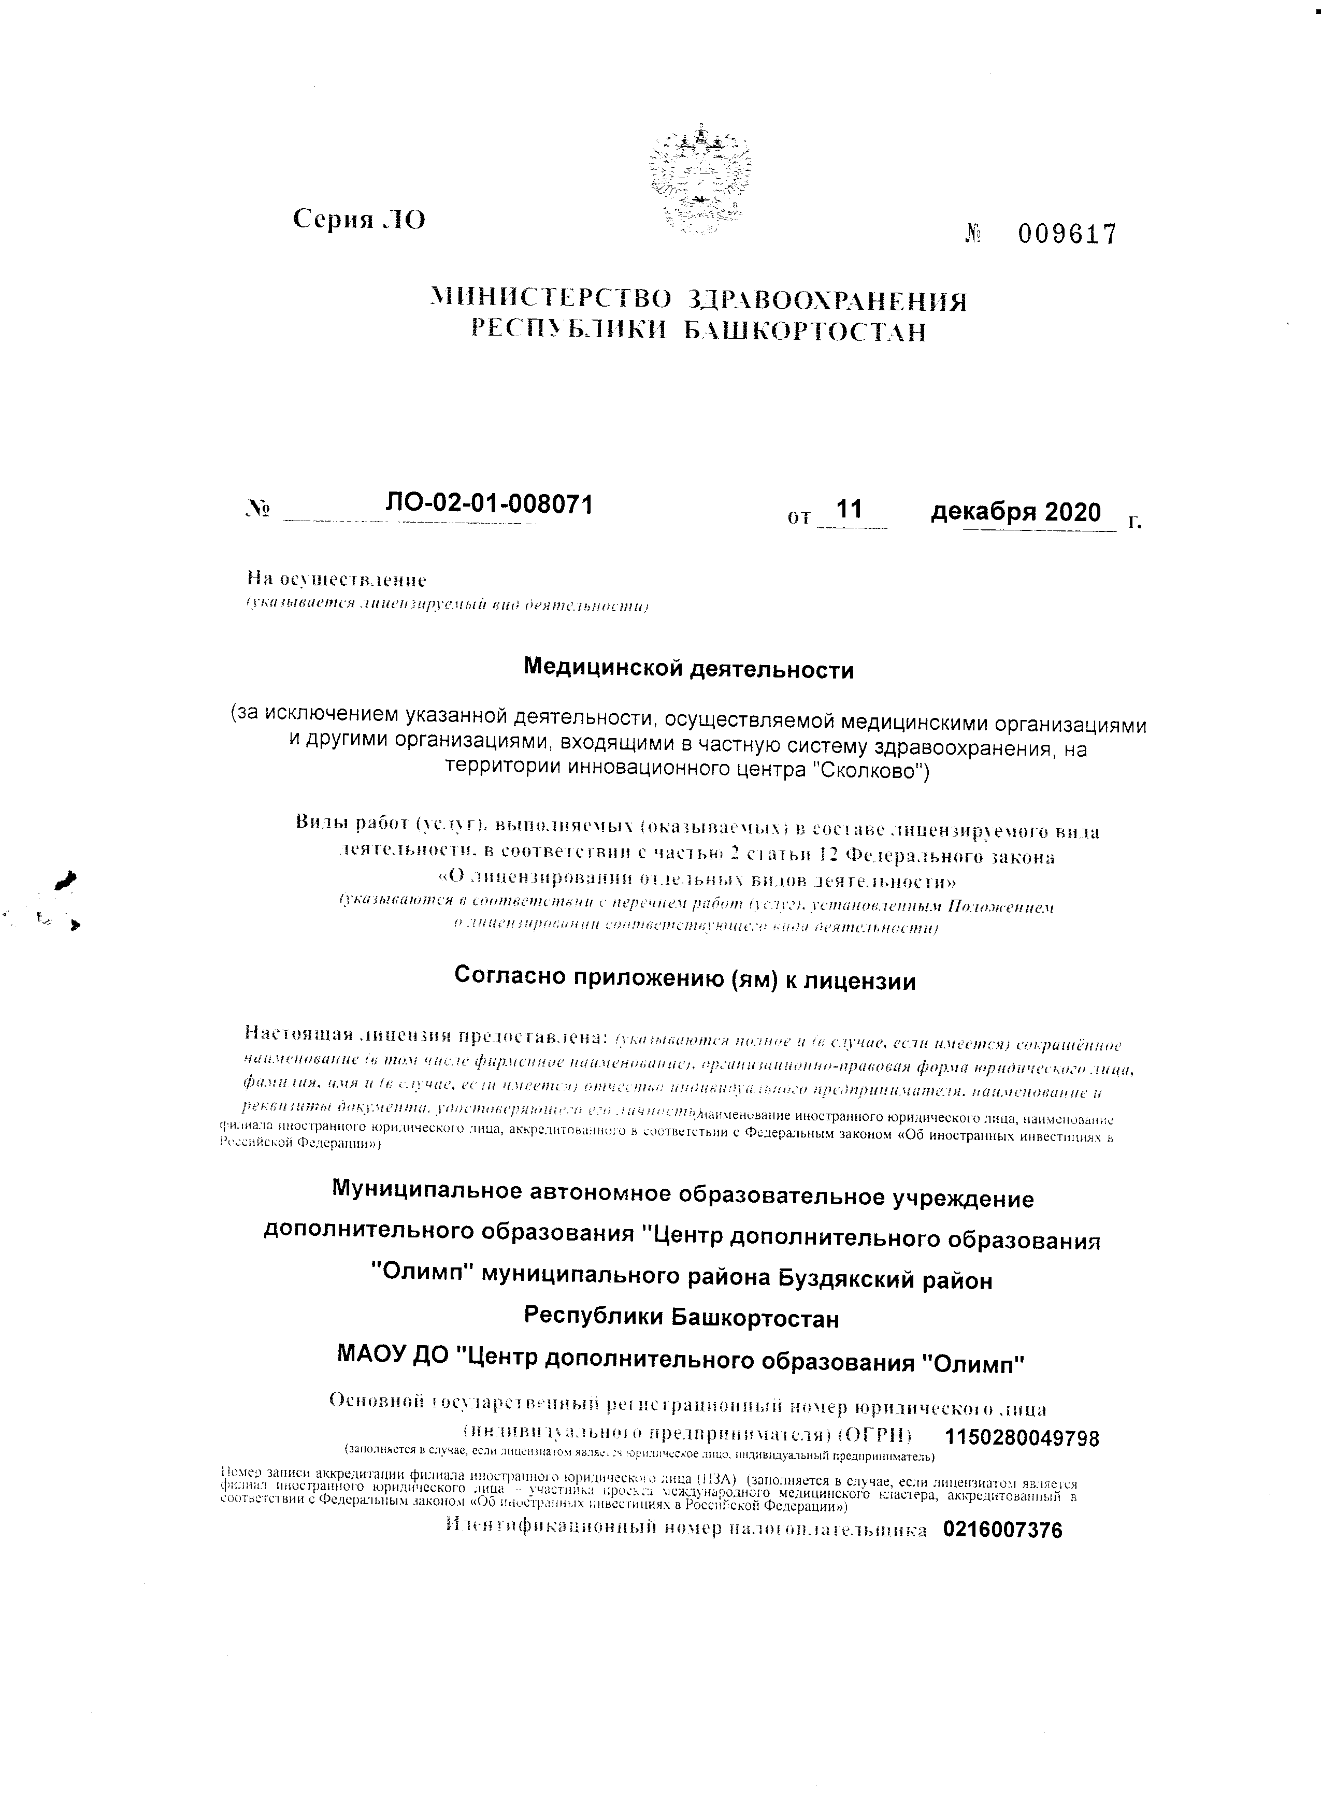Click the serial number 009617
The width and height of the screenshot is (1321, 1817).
1066,235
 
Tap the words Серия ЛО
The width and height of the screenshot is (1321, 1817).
359,218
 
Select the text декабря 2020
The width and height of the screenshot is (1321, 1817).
1016,511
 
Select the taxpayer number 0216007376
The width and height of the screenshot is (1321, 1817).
1003,1530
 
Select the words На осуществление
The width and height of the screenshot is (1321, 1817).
336,579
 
